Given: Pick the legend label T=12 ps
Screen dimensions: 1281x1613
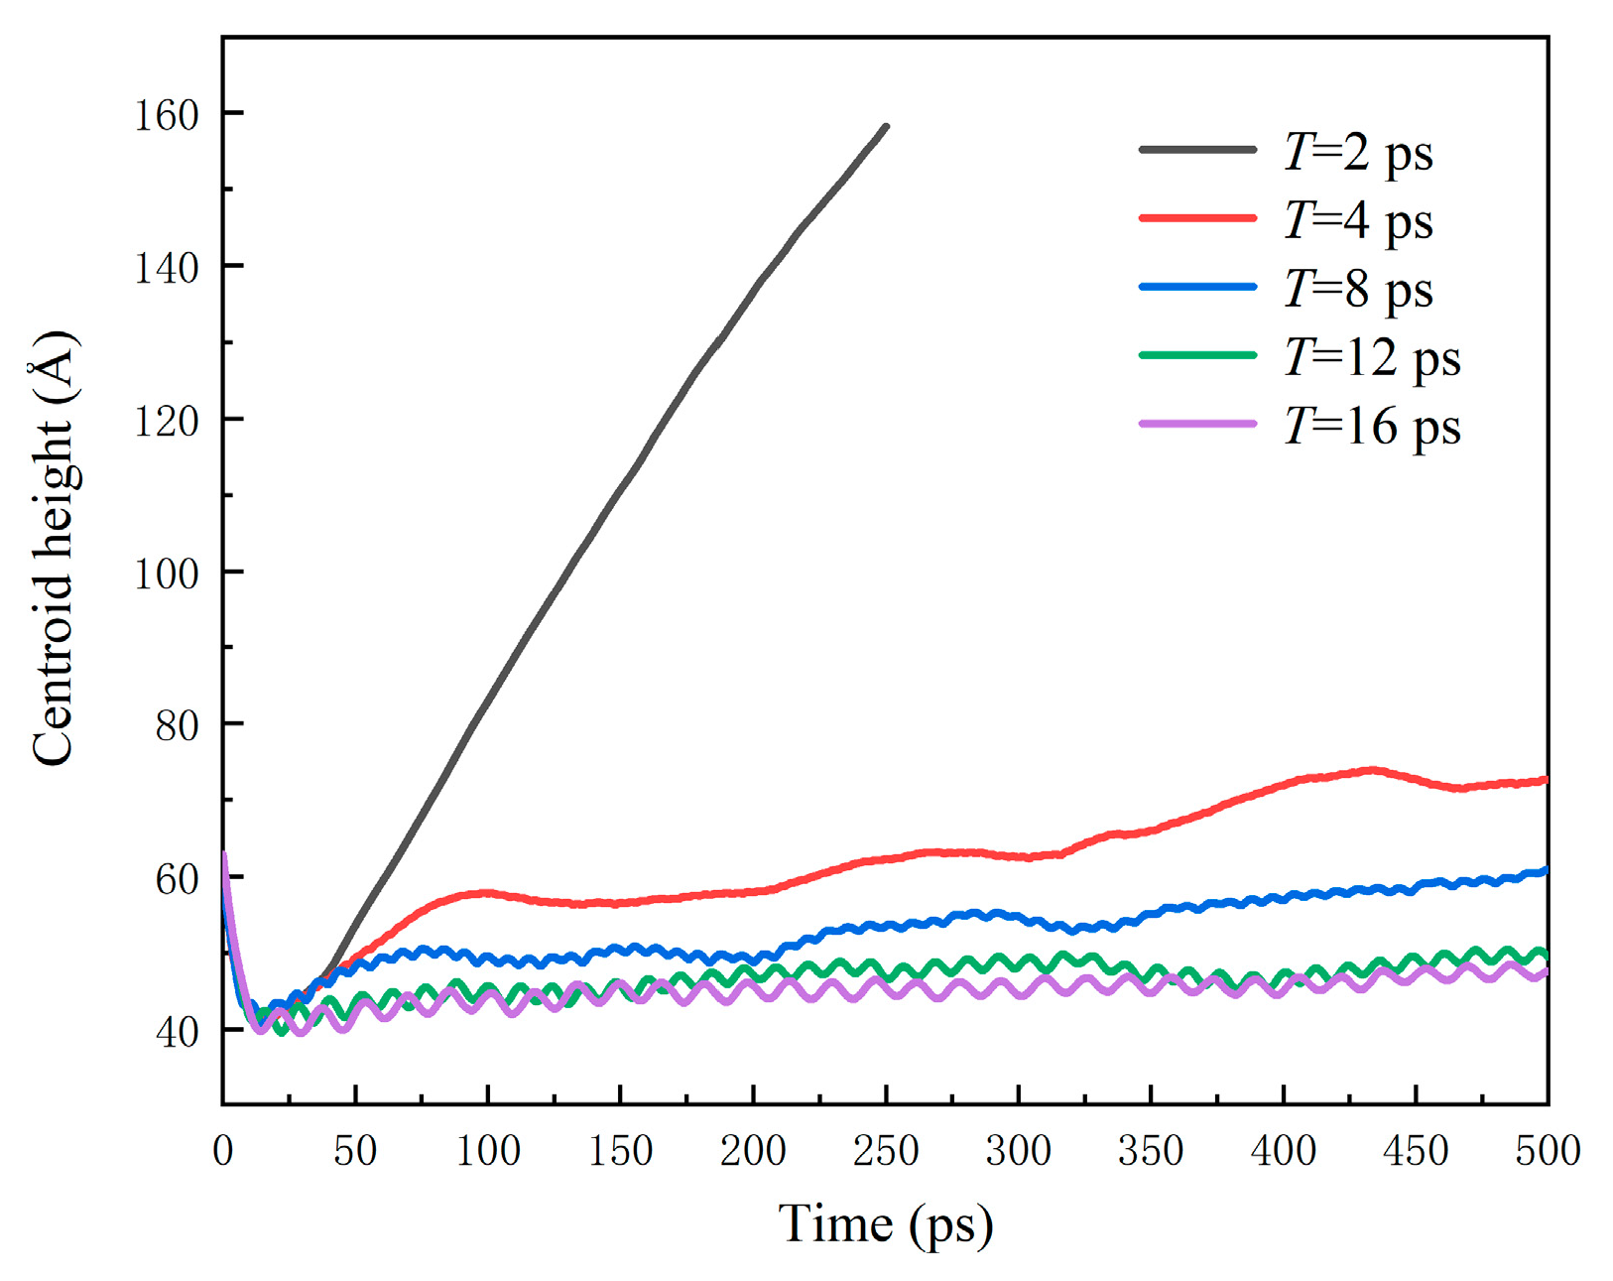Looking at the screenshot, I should (x=1371, y=357).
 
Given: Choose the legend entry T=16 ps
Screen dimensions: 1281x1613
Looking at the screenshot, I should (x=1371, y=427).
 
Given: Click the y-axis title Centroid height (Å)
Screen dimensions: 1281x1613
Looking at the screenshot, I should (x=54, y=548).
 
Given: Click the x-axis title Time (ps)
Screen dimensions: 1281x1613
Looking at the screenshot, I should (x=885, y=1224).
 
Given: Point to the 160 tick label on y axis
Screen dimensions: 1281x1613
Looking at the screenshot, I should (x=167, y=115).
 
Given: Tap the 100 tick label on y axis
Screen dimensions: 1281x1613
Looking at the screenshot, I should (x=167, y=574).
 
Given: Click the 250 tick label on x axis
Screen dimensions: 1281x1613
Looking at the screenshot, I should (x=886, y=1151).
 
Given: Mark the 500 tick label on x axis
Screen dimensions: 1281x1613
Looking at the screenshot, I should (x=1548, y=1151).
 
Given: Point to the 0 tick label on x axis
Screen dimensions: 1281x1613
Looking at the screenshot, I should (x=222, y=1151).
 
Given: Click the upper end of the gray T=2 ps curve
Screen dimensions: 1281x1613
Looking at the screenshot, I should (x=886, y=127).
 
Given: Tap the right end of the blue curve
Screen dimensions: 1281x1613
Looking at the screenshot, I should (x=1546, y=871).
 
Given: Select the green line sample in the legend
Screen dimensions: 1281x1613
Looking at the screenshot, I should (x=1197, y=355).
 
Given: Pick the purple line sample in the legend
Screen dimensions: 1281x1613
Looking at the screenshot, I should (x=1197, y=424).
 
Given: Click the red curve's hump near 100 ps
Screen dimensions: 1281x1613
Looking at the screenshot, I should (x=486, y=893).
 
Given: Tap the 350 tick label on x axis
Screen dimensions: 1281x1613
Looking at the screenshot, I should (x=1151, y=1151).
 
